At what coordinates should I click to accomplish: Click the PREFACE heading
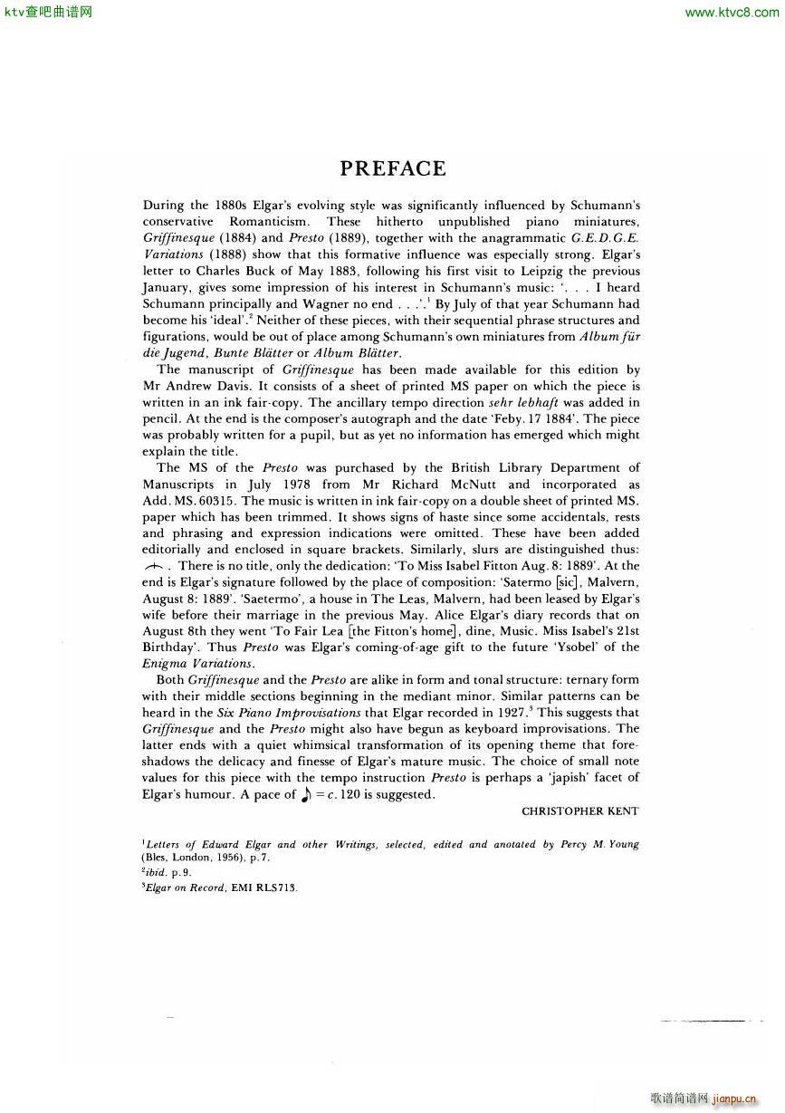tap(393, 168)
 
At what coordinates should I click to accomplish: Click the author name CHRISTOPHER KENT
tap(580, 811)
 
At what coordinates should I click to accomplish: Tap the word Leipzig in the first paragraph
tap(540, 271)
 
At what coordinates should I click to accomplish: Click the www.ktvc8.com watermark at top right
tap(732, 13)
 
